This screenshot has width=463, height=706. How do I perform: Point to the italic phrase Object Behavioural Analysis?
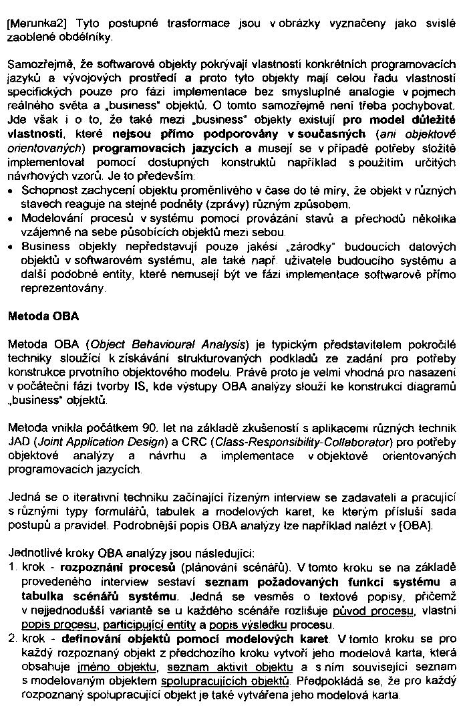(x=167, y=344)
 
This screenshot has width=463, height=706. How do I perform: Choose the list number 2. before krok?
(x=13, y=640)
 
